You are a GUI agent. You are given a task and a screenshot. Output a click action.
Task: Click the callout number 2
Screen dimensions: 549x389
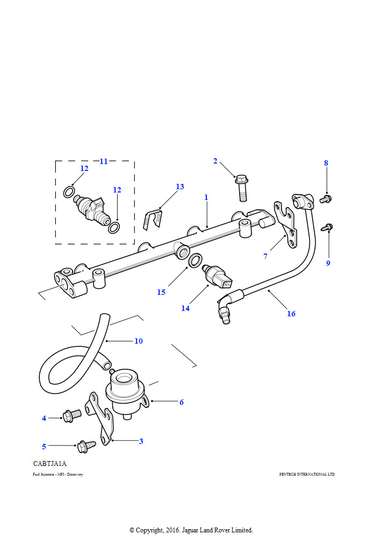215,161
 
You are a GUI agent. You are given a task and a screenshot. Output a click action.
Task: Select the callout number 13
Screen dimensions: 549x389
180,187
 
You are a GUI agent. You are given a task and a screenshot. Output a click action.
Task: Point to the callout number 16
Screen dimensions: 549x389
291,314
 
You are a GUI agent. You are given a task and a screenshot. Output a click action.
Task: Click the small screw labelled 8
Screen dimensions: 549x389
326,199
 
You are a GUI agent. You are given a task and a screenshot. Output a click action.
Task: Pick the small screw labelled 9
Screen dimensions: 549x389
328,227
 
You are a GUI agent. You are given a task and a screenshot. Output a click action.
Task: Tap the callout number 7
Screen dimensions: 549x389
265,256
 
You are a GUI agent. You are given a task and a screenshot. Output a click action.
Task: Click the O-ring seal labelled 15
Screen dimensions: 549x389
196,260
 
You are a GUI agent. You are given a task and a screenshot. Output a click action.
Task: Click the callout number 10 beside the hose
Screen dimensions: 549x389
139,341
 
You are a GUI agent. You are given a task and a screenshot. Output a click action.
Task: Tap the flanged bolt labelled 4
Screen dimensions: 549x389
71,415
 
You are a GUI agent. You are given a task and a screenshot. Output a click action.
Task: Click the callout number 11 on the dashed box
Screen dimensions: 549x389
104,161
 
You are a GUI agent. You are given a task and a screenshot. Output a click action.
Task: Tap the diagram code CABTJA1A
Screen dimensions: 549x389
50,464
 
